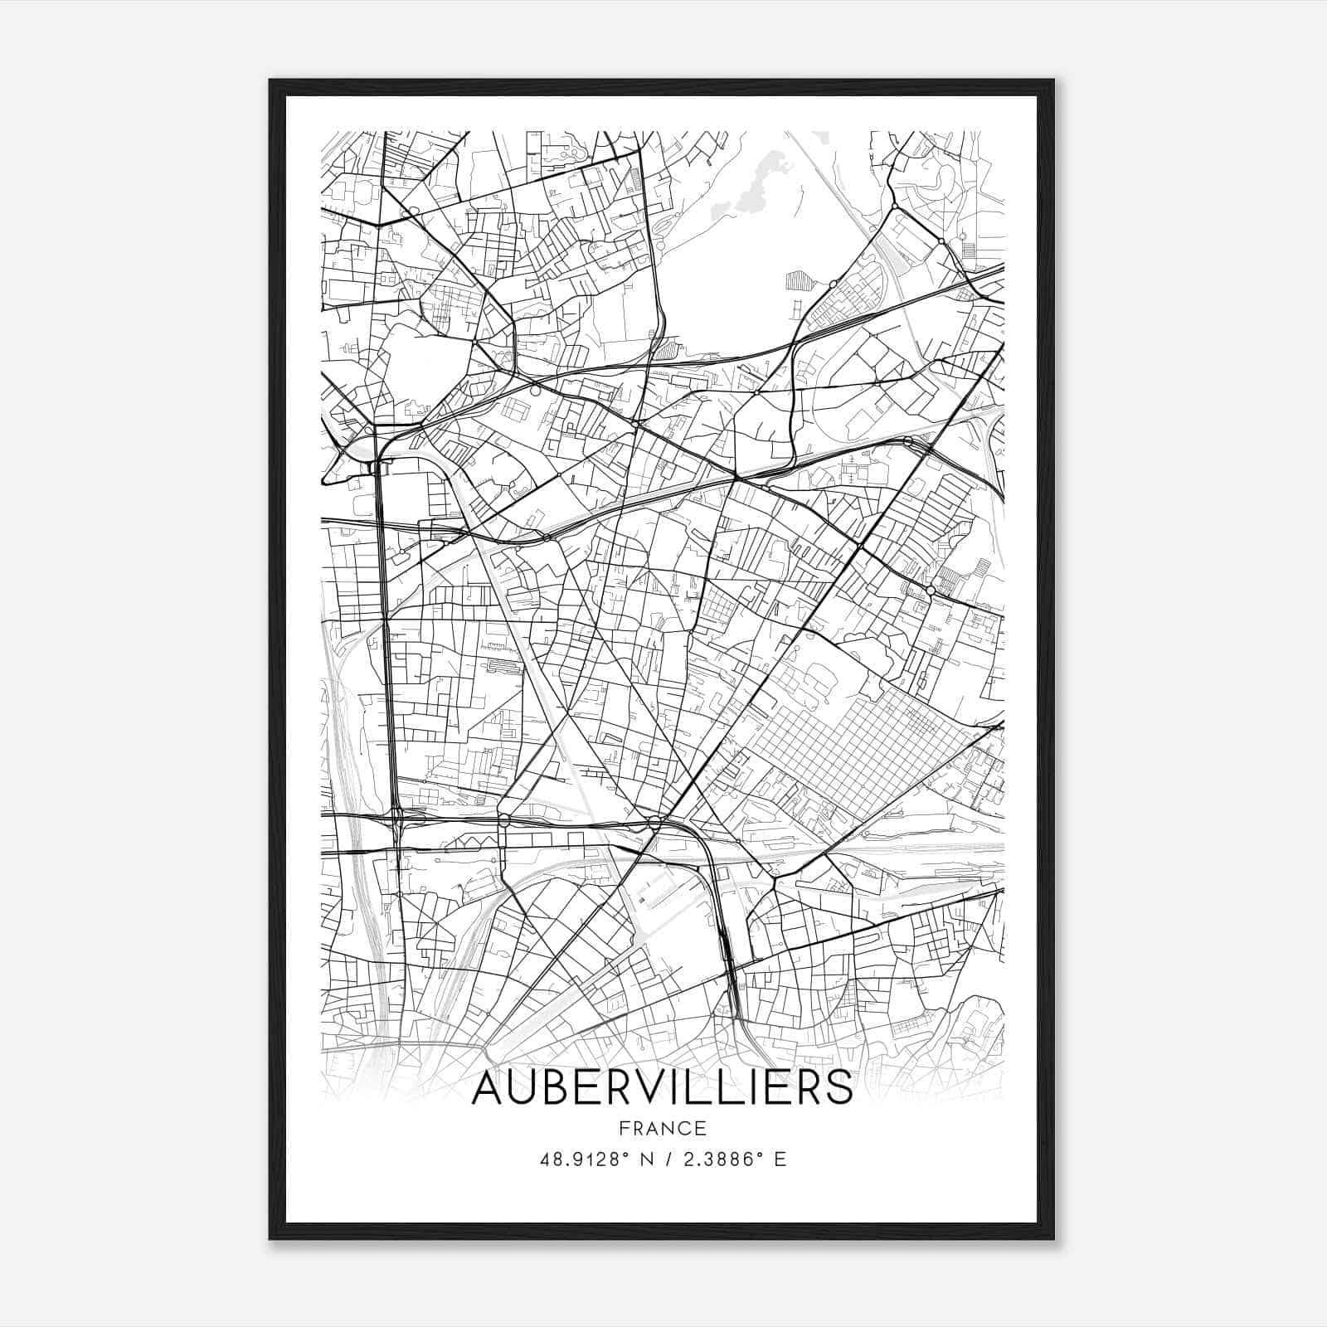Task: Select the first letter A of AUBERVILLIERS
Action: (x=489, y=1088)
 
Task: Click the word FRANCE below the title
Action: (x=662, y=1128)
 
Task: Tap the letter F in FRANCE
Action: (x=623, y=1128)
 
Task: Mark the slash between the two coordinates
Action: (x=668, y=1159)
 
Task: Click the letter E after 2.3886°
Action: (x=780, y=1159)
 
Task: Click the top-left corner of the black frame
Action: (x=271, y=81)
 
